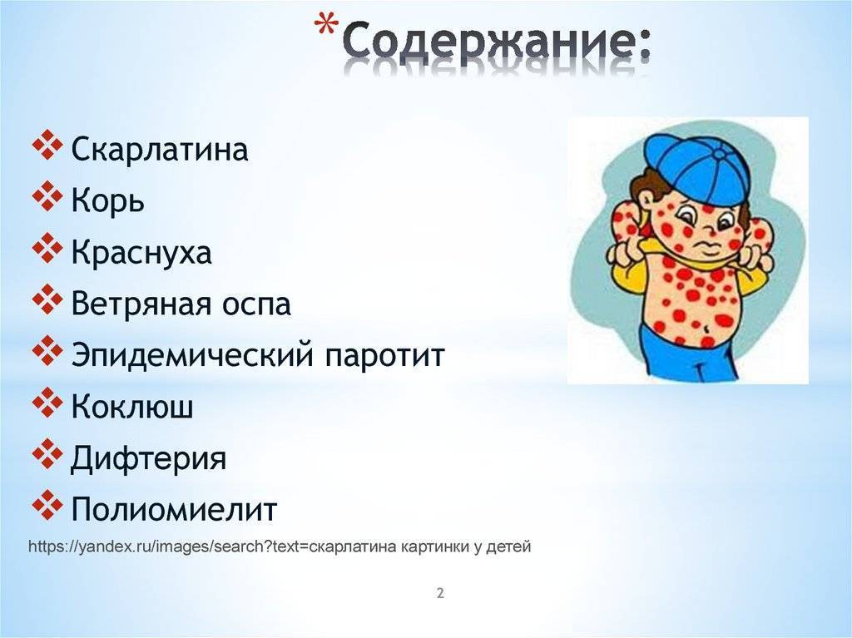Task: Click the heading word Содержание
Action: pyautogui.click(x=495, y=42)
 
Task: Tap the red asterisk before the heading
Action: pyautogui.click(x=326, y=26)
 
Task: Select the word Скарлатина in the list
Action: pyautogui.click(x=159, y=148)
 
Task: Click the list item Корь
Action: pyautogui.click(x=107, y=200)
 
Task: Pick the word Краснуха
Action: pyautogui.click(x=141, y=252)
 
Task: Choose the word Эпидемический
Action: pyautogui.click(x=192, y=355)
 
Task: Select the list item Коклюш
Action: pyautogui.click(x=132, y=405)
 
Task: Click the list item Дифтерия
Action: pyautogui.click(x=148, y=457)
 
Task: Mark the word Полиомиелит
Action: pyautogui.click(x=174, y=509)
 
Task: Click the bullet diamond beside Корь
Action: pyautogui.click(x=47, y=195)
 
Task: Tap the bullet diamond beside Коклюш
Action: pyautogui.click(x=47, y=402)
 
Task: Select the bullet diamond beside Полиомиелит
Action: pyautogui.click(x=47, y=505)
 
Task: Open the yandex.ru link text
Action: pyautogui.click(x=280, y=547)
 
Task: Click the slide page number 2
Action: pyautogui.click(x=440, y=593)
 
